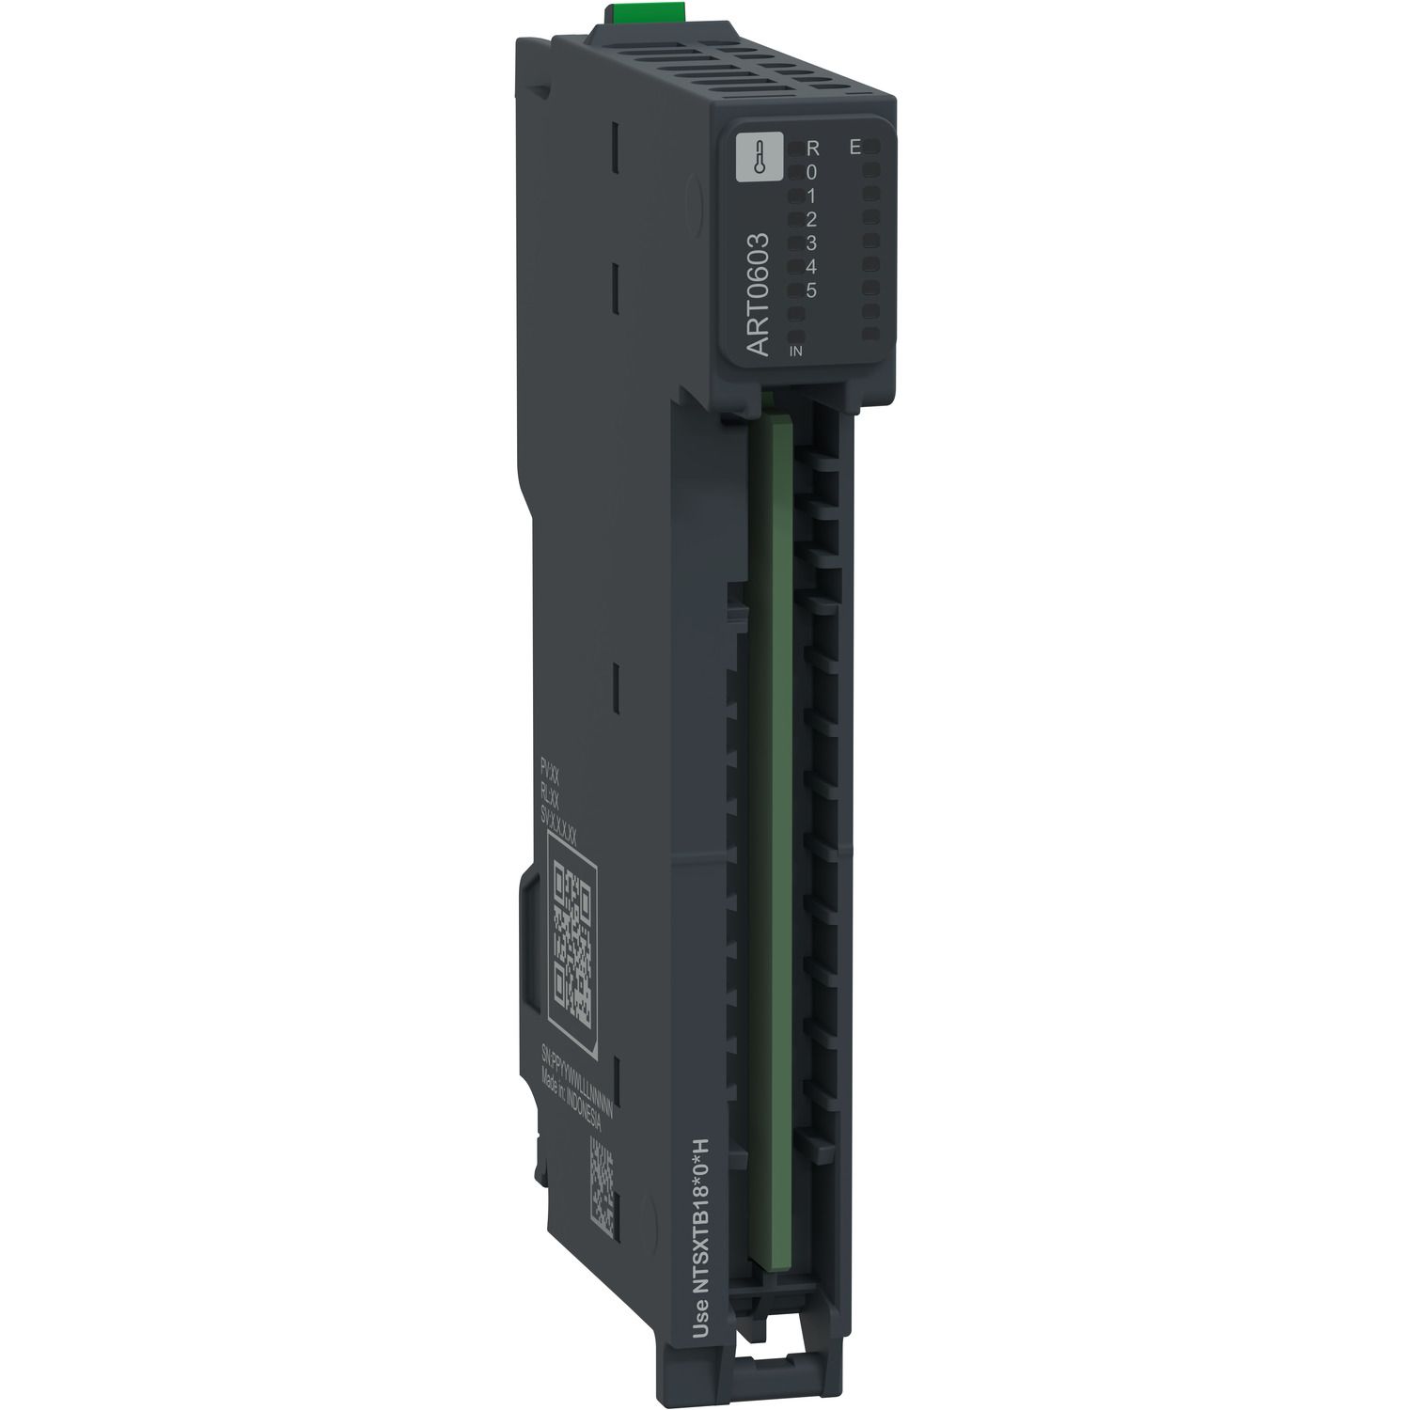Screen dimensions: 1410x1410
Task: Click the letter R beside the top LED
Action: [x=813, y=149]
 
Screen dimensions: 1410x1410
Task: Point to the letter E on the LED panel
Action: [x=855, y=147]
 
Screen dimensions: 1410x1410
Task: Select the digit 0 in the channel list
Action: [x=812, y=172]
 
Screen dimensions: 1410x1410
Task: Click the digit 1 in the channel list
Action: [x=812, y=196]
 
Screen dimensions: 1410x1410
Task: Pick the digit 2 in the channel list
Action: [x=812, y=219]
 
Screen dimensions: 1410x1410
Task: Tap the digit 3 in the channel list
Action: [x=812, y=243]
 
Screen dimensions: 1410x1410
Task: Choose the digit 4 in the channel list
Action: [x=812, y=266]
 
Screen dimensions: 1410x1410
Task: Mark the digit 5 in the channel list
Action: [x=812, y=290]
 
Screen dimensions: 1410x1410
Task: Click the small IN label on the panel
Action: [x=795, y=351]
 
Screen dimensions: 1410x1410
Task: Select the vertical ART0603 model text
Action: [x=758, y=295]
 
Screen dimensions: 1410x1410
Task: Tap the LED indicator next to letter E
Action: [x=872, y=148]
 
